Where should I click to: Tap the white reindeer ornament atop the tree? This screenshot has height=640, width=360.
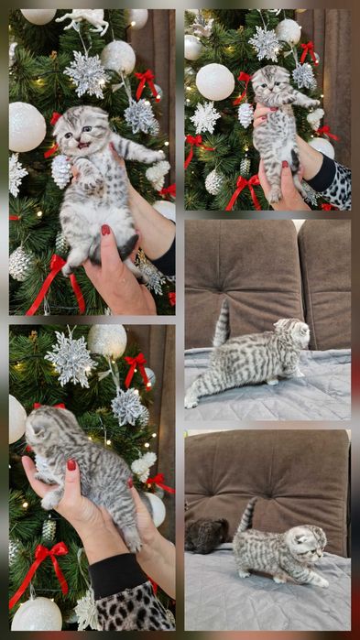pos(82,19)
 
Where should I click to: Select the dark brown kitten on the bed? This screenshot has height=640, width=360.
pos(206,535)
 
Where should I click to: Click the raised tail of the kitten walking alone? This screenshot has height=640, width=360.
pos(222,325)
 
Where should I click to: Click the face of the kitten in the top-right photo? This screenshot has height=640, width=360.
pos(269,82)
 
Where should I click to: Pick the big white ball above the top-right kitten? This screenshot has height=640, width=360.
pos(215,81)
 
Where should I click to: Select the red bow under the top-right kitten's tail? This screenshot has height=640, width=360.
pos(244,189)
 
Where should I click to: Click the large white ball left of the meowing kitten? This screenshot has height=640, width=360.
pos(26,126)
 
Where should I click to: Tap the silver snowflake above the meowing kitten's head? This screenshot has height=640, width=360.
pos(88,74)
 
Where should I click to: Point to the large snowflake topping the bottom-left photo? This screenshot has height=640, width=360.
pos(71,359)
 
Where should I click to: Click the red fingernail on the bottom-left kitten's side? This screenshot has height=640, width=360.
pos(71,464)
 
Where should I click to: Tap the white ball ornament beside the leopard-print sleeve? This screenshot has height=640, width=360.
pos(37,613)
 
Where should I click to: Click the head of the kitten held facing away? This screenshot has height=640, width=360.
pos(44,428)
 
